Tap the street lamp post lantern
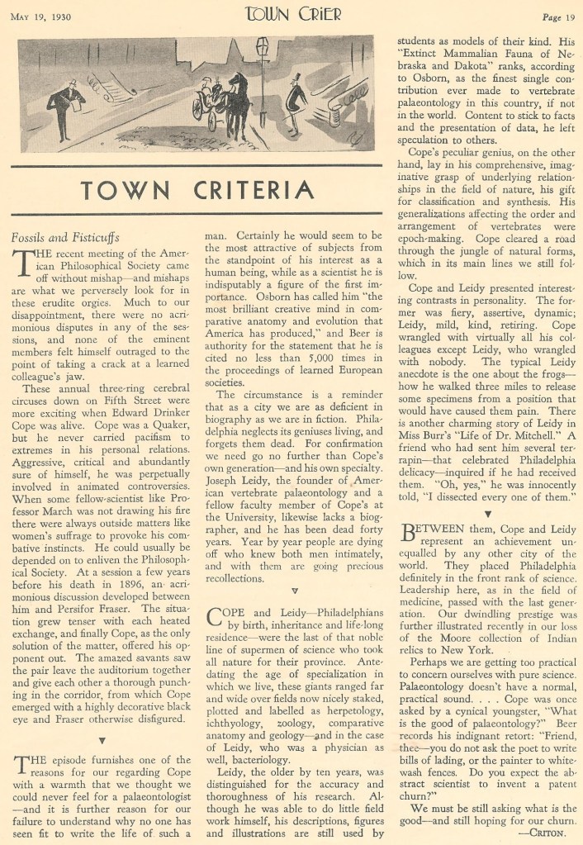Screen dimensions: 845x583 tap(263, 51)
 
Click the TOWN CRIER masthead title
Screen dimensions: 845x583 tap(291, 14)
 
